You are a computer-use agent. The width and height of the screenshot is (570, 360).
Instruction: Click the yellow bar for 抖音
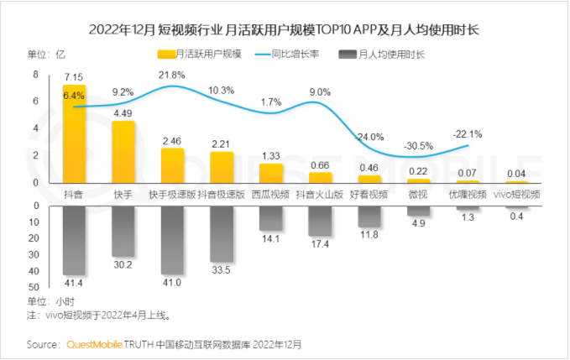point(73,134)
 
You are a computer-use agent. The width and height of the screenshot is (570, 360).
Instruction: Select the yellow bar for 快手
point(123,152)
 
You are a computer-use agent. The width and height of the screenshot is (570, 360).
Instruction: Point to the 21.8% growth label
point(173,76)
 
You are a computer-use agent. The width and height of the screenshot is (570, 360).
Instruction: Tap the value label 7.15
point(74,76)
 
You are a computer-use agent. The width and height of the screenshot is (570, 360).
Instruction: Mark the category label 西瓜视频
point(270,194)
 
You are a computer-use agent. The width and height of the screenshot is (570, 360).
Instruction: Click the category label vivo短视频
point(516,194)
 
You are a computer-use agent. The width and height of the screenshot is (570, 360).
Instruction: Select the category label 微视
point(418,194)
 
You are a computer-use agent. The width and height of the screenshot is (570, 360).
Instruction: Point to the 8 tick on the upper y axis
point(36,74)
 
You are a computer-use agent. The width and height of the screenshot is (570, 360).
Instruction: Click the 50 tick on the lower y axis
point(34,287)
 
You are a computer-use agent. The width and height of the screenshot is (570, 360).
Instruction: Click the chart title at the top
point(285,31)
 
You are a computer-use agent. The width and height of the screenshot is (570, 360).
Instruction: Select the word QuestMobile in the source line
point(93,344)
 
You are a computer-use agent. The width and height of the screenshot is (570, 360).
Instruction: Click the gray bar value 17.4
point(320,244)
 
